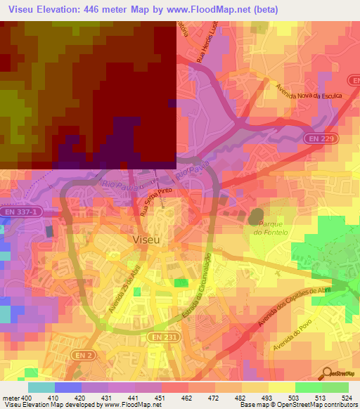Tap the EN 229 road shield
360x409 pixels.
[x=320, y=141]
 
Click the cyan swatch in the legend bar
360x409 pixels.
[x=41, y=387]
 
